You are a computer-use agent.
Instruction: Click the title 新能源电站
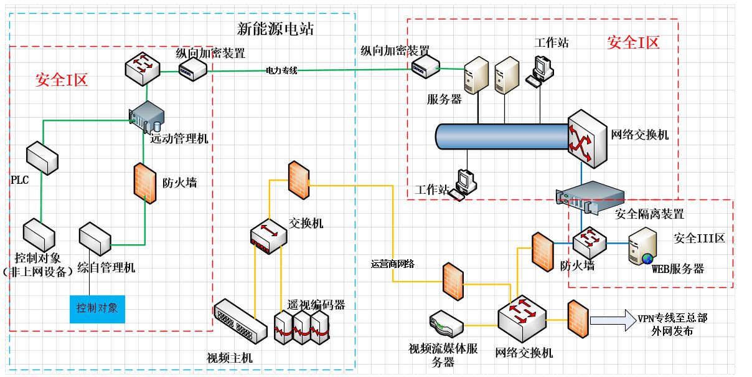[x=275, y=29]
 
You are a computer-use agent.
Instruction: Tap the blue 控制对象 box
[x=97, y=309]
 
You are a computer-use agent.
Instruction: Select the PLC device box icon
[x=42, y=158]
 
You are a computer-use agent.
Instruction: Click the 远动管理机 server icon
[x=147, y=117]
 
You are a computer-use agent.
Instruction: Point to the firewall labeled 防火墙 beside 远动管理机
[x=145, y=183]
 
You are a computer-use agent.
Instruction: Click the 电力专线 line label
[x=281, y=70]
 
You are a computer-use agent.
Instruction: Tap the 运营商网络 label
[x=392, y=264]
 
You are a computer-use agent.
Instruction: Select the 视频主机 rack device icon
[x=240, y=321]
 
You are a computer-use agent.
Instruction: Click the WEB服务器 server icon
[x=642, y=246]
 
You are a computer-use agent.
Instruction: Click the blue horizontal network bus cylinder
[x=502, y=136]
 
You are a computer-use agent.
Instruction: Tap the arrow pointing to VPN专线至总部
[x=613, y=320]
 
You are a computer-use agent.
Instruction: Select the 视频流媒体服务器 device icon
[x=446, y=323]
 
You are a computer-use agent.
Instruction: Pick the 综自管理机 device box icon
[x=95, y=239]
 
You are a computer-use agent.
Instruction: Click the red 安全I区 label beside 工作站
[x=633, y=42]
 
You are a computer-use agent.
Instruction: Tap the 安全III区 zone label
[x=699, y=238]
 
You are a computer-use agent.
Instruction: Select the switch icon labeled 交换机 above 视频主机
[x=268, y=236]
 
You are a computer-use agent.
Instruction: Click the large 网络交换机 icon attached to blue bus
[x=588, y=138]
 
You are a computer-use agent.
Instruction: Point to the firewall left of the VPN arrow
[x=578, y=319]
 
